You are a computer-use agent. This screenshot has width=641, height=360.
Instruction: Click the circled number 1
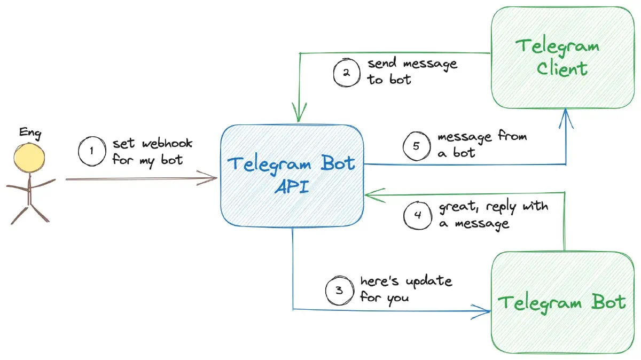pos(91,151)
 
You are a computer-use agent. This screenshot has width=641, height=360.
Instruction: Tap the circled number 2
pos(346,73)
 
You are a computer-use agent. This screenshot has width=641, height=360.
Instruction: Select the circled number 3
pos(339,291)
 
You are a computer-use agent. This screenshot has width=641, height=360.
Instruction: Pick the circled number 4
pos(417,215)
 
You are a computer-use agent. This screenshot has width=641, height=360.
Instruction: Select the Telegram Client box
pos(562,58)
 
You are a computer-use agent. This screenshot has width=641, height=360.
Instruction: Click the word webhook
pos(168,144)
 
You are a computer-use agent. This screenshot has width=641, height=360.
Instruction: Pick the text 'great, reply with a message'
pos(493,215)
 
